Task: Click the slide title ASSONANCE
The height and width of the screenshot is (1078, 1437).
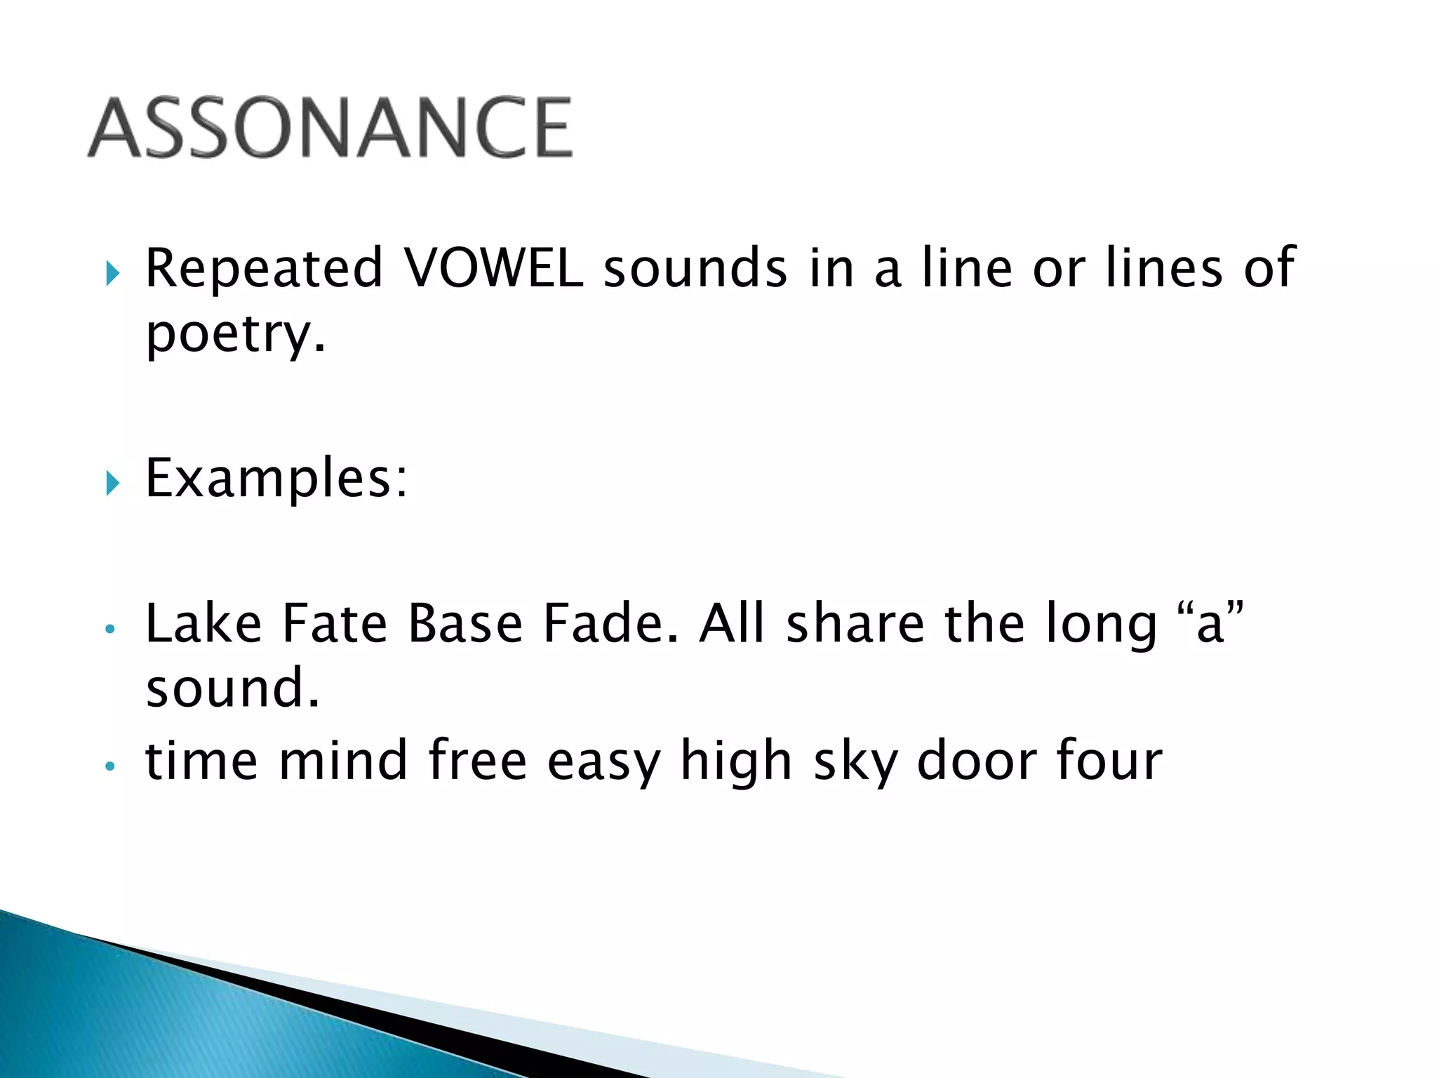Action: (x=330, y=128)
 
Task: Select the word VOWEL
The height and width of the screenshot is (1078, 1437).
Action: (x=494, y=268)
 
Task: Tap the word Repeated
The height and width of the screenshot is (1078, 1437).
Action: (x=264, y=268)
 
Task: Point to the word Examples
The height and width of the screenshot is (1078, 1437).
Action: (x=275, y=479)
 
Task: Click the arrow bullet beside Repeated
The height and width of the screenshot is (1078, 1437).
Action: (x=112, y=272)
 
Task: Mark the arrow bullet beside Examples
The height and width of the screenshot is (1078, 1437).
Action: (x=112, y=483)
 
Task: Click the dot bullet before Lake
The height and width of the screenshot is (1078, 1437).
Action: (x=109, y=629)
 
